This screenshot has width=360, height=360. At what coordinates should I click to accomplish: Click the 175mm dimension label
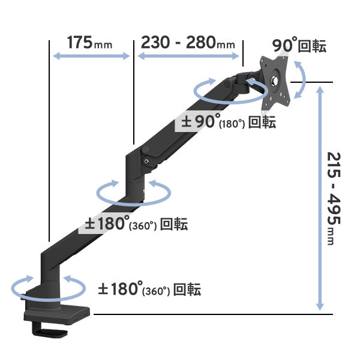pos(89,43)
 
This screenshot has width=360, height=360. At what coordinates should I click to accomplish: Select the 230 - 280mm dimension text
pos(188,43)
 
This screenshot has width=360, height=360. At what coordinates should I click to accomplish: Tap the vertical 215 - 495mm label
pos(334,199)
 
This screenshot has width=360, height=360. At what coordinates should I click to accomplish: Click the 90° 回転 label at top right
pos(299,46)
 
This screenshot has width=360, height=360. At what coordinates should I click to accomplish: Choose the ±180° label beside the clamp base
pos(149,289)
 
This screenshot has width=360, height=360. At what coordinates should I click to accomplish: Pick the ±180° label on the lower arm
pos(136,224)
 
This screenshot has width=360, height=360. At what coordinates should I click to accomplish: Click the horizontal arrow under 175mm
pos(91,56)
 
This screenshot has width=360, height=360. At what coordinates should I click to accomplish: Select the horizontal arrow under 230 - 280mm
pos(188,56)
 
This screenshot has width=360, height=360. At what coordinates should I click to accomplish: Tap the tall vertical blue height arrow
pos(320,199)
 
